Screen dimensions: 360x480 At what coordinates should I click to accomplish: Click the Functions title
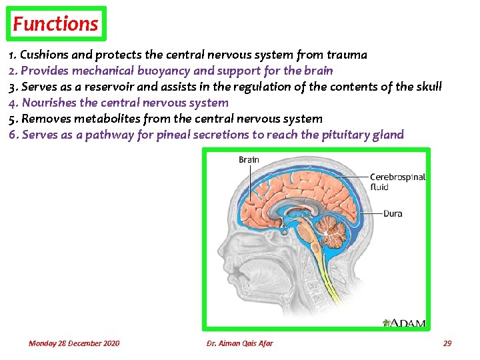tap(56, 24)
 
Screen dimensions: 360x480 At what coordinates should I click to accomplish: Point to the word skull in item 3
tap(427, 87)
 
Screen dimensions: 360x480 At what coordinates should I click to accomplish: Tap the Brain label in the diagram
tap(249, 160)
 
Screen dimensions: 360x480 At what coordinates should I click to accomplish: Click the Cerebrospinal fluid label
tap(397, 182)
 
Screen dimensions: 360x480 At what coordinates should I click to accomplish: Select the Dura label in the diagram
tap(393, 214)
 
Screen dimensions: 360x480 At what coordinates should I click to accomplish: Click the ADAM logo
tap(404, 323)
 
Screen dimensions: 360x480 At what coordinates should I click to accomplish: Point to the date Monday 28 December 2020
tap(74, 343)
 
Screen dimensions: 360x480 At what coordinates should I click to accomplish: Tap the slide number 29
tap(447, 343)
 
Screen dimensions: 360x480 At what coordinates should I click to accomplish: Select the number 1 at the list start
tap(12, 55)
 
